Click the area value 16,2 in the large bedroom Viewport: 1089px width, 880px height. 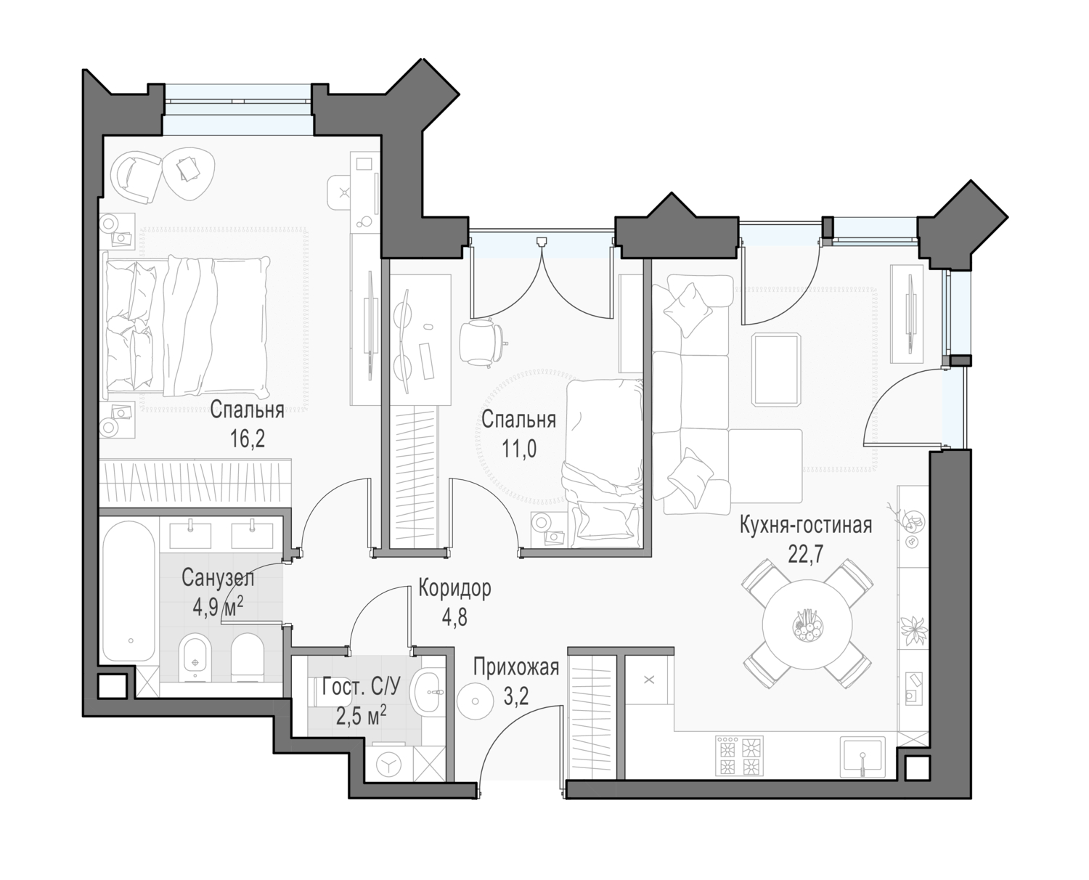coord(248,439)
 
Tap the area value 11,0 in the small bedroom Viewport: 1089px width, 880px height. coord(518,449)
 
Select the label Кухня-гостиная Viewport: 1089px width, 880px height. coord(806,526)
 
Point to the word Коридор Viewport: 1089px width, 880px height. coord(454,589)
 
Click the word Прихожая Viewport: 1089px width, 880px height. coord(516,667)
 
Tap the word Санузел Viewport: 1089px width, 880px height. coord(218,578)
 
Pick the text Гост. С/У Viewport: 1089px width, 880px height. coord(361,688)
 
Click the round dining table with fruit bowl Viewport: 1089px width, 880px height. coord(807,624)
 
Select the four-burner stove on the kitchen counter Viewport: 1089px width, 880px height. coord(739,755)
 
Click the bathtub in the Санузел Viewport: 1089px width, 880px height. coord(129,591)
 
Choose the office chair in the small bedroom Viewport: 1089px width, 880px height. coord(481,341)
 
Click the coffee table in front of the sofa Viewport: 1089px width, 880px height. coord(776,369)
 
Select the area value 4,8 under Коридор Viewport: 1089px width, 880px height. coord(454,617)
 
